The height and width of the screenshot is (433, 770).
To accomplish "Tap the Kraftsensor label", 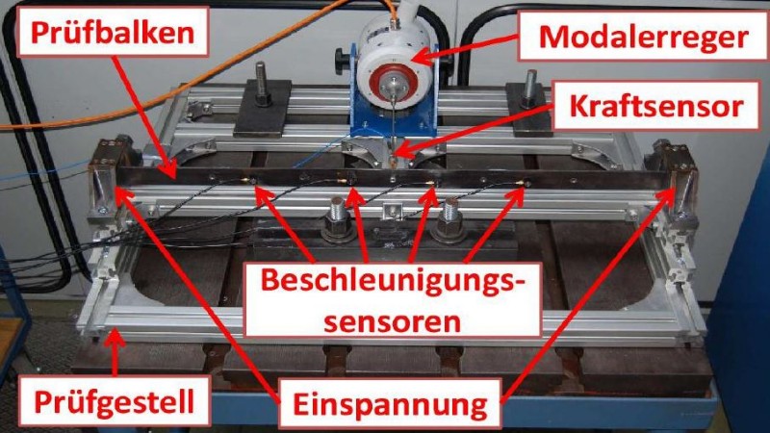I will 657,107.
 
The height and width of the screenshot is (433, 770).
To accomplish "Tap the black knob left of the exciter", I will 340,62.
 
